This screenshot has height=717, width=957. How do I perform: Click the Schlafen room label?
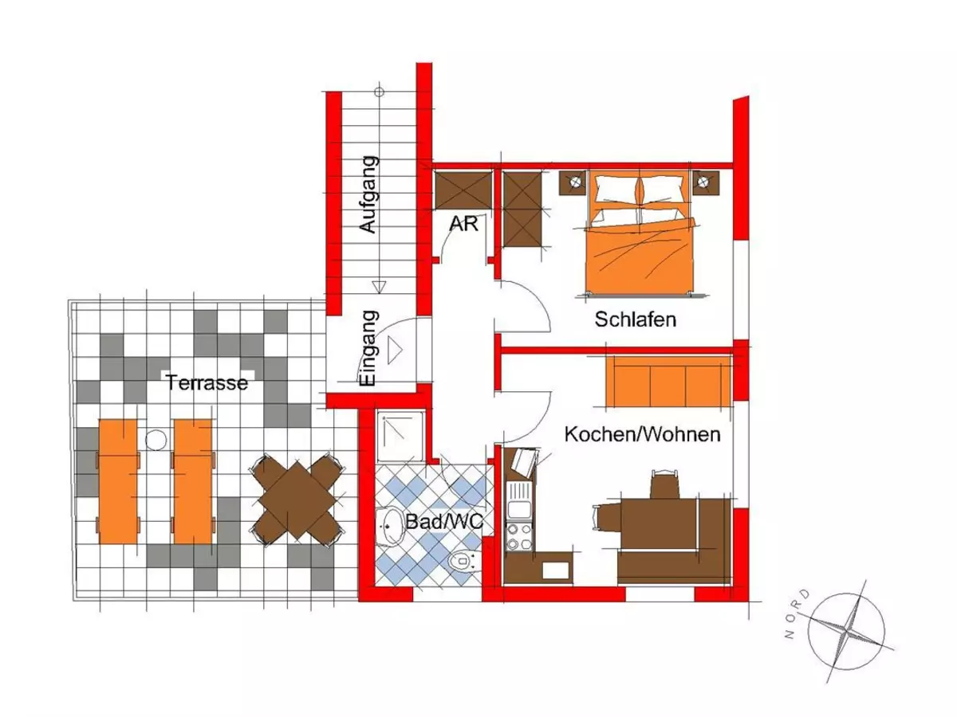[635, 320]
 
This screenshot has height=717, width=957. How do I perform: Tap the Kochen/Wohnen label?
[642, 435]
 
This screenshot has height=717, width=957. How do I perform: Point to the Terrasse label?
[207, 382]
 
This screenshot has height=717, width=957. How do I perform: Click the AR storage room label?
[464, 224]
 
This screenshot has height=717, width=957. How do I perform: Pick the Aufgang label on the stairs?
[368, 195]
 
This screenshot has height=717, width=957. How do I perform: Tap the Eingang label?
[368, 349]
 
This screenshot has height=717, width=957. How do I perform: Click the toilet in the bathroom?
[462, 562]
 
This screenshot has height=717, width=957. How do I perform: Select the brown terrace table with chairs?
[297, 501]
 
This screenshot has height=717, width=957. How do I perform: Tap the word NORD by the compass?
[796, 614]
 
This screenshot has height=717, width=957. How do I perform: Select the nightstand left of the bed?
[574, 183]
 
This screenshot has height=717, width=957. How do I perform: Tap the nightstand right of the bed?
[704, 183]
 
